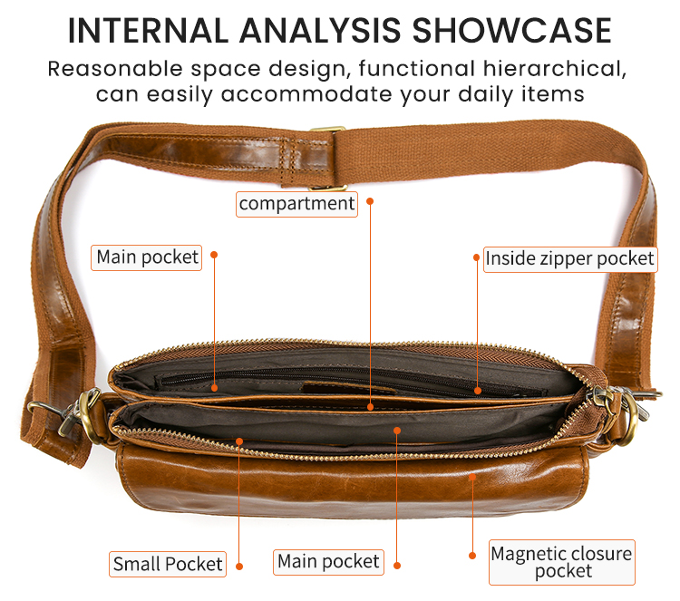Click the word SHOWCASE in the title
pyautogui.click(x=511, y=30)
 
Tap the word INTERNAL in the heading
pyautogui.click(x=148, y=30)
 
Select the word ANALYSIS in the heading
pyautogui.click(x=320, y=30)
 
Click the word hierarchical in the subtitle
pyautogui.click(x=555, y=69)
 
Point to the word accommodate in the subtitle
pyautogui.click(x=306, y=94)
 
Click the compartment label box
pyautogui.click(x=296, y=204)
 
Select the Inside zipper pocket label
pyautogui.click(x=570, y=259)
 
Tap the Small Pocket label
pyautogui.click(x=168, y=564)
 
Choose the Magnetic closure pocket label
pyautogui.click(x=562, y=562)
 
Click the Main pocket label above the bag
pyautogui.click(x=147, y=257)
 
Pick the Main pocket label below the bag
pyautogui.click(x=328, y=562)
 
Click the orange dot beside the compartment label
pyautogui.click(x=370, y=201)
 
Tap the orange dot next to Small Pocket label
pyautogui.click(x=239, y=567)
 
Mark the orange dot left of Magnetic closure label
pyautogui.click(x=472, y=556)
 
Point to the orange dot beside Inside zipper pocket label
pyautogui.click(x=476, y=257)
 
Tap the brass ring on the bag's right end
pyautogui.click(x=630, y=420)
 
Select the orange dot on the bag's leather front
pyautogui.click(x=472, y=477)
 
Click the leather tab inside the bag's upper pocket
pyautogui.click(x=348, y=388)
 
